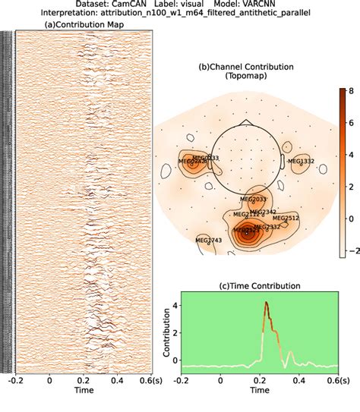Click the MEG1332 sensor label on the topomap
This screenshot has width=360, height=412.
point(301,161)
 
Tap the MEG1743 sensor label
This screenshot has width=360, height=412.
point(208,240)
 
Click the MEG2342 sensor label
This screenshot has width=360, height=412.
point(263,212)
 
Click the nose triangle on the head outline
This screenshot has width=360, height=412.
point(245,122)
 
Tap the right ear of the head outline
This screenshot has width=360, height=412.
point(283,161)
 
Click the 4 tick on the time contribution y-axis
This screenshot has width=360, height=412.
point(172,306)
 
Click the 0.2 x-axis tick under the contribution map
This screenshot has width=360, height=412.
point(81,382)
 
